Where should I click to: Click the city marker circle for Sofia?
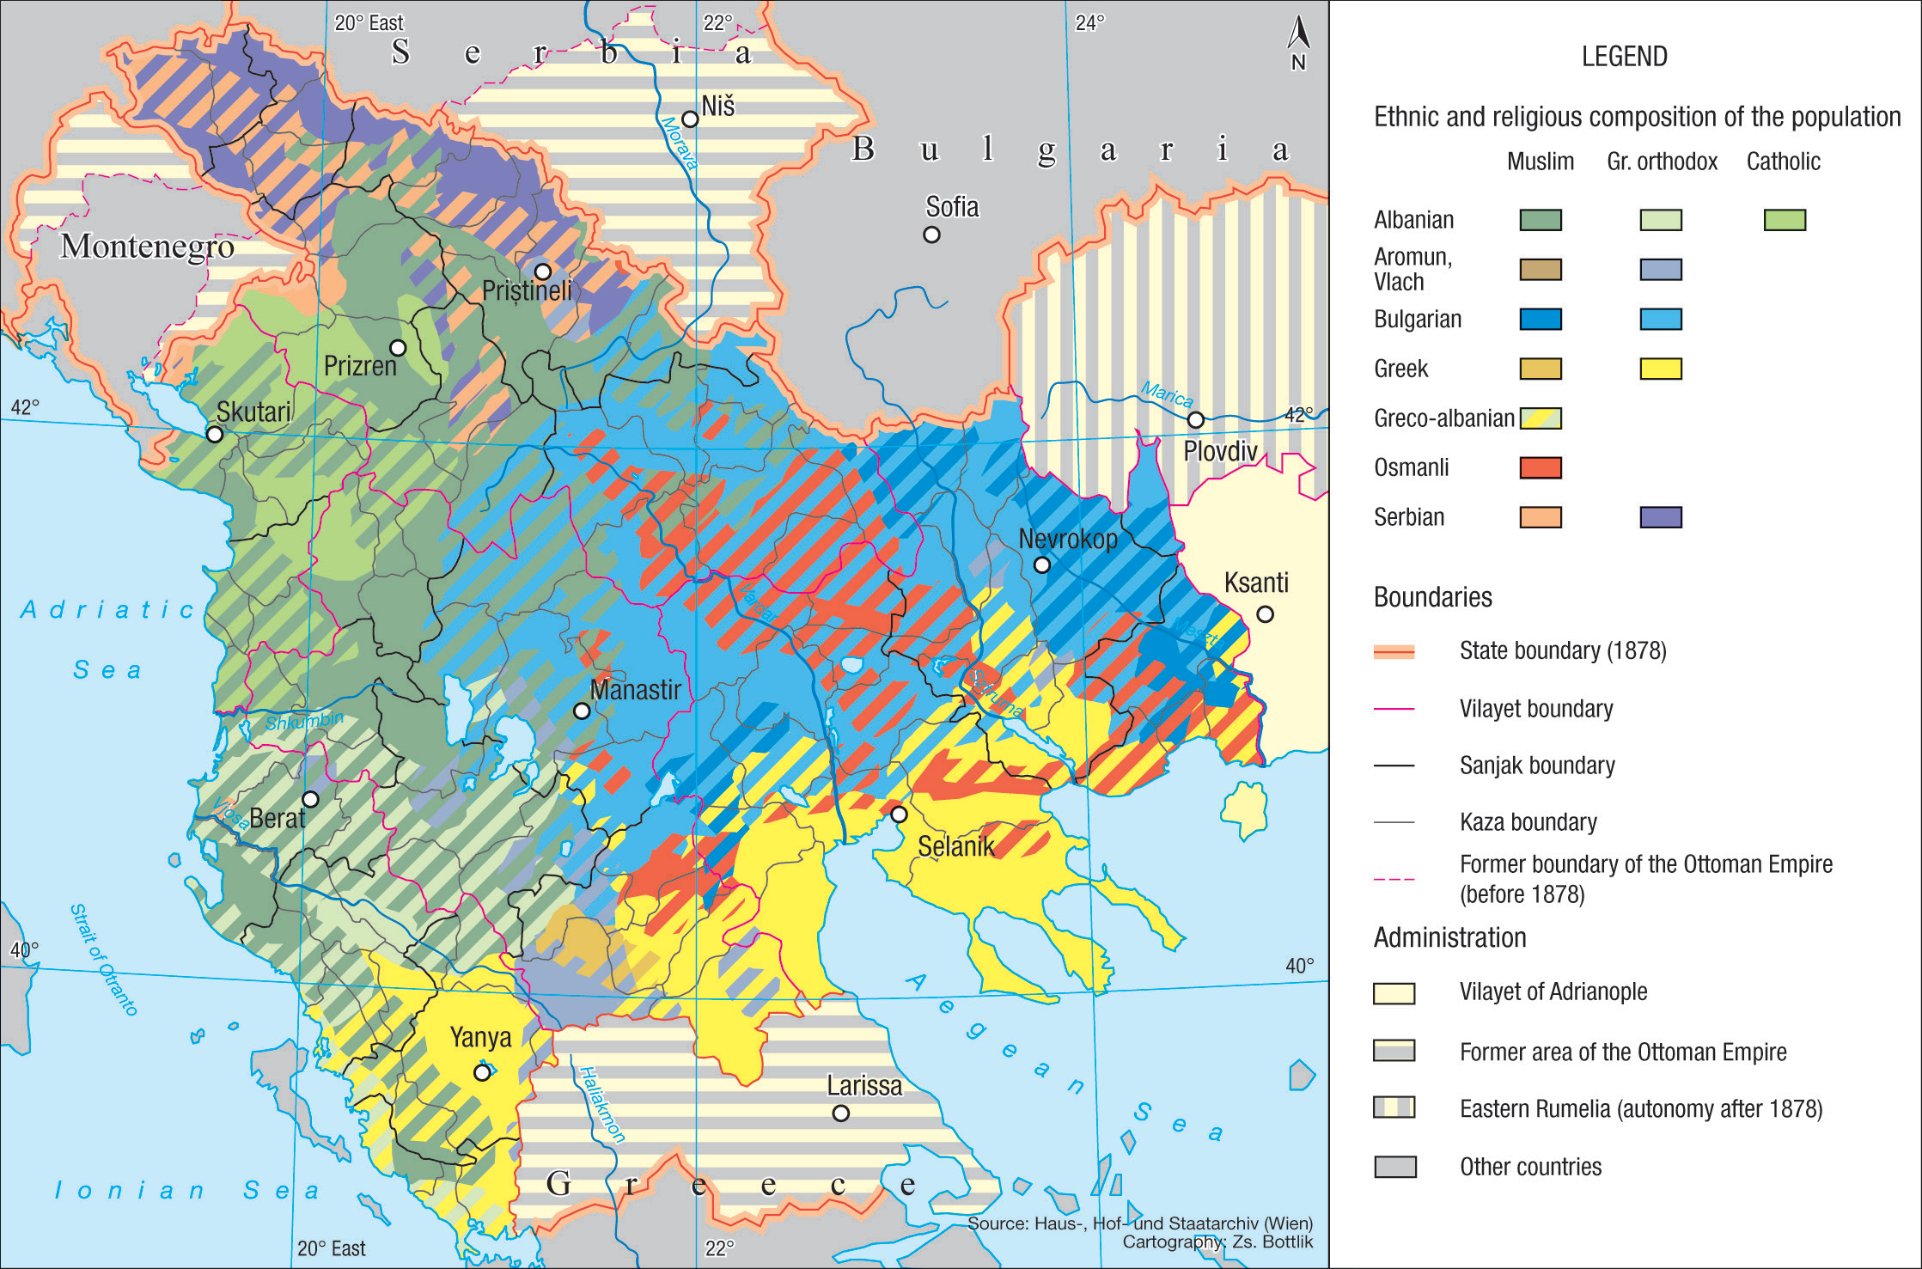pos(931,235)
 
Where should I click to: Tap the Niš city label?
pos(717,107)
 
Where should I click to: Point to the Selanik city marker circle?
pos(899,814)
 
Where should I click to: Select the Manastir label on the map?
pos(635,690)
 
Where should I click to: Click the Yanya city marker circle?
pos(483,1072)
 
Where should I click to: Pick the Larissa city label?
pos(864,1086)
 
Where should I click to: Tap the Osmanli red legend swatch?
pos(1541,468)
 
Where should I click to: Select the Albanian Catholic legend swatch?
pos(1785,221)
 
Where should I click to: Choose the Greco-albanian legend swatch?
pos(1541,418)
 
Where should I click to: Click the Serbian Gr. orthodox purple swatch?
pos(1661,517)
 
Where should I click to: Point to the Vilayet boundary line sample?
pos(1394,709)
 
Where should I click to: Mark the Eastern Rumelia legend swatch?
pos(1394,1107)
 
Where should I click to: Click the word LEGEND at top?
pos(1624,57)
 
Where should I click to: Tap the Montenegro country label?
pos(147,247)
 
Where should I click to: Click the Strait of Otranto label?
pos(104,959)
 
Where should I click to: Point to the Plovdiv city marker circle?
pos(1195,420)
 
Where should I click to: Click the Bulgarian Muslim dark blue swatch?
pos(1541,320)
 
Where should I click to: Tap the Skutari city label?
pos(253,412)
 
